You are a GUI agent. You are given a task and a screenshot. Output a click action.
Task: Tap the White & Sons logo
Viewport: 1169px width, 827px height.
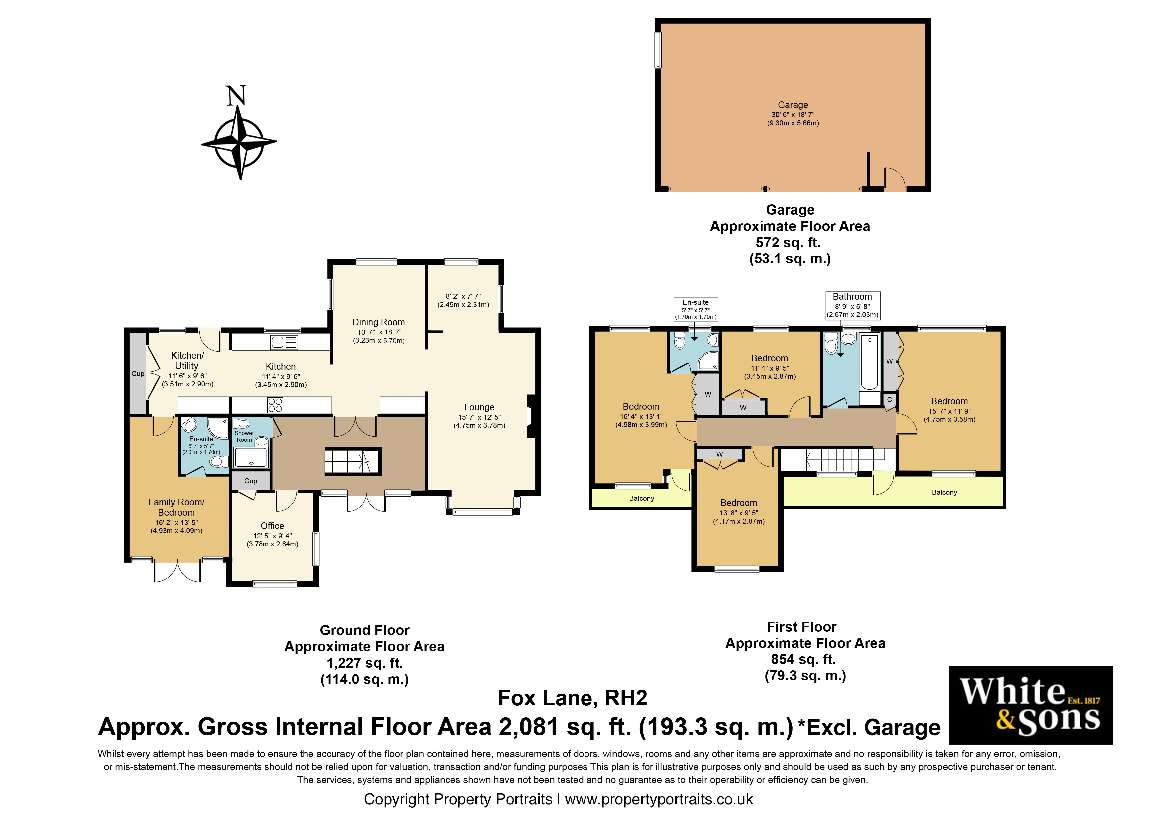pos(1031,705)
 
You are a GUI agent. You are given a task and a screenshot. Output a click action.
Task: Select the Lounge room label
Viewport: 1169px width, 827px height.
pos(479,407)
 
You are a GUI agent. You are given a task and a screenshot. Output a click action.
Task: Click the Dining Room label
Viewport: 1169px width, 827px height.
pos(378,322)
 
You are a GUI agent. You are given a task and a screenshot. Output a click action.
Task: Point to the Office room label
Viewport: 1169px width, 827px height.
pos(272,526)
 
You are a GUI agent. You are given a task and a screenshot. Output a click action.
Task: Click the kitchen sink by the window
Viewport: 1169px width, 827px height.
pos(284,342)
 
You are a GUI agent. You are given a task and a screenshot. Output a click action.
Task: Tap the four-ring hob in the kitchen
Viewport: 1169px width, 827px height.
pos(275,405)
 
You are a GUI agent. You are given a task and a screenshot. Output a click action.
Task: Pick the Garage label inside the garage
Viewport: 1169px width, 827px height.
pos(793,105)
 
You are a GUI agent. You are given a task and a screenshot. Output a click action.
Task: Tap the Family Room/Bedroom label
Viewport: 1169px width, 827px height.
pos(176,507)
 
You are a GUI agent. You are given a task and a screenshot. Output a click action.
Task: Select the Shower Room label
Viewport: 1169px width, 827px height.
pos(244,436)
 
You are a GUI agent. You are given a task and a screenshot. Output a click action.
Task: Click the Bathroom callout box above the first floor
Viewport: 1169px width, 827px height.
pos(852,305)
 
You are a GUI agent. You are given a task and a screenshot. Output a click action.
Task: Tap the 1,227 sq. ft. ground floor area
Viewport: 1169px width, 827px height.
pos(365,663)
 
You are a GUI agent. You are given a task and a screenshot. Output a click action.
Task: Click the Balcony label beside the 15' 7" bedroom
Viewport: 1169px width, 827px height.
pos(944,492)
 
